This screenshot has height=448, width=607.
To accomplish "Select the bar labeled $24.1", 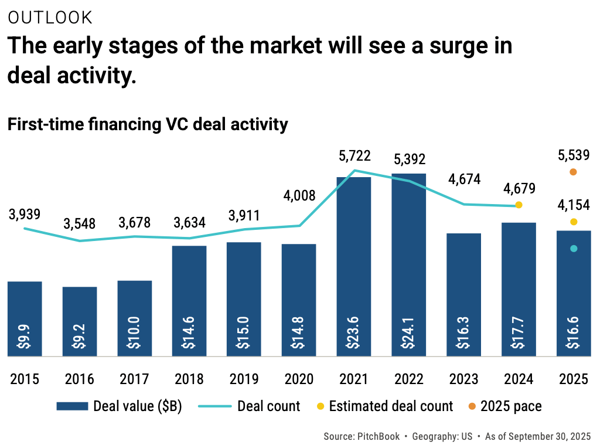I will pyautogui.click(x=408, y=264).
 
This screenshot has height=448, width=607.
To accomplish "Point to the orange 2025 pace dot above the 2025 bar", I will pyautogui.click(x=573, y=172).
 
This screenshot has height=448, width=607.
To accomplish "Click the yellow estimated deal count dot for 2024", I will pyautogui.click(x=519, y=205).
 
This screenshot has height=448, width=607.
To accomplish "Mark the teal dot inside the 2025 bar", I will pyautogui.click(x=574, y=249).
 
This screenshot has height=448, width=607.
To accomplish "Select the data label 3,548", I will pyautogui.click(x=80, y=223).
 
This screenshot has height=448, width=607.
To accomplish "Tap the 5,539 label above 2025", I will pyautogui.click(x=573, y=155).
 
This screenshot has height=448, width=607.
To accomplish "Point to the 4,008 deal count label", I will pyautogui.click(x=299, y=195).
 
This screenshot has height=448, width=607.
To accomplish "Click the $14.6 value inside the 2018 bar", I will pyautogui.click(x=189, y=335).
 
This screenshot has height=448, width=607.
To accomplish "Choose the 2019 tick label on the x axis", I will pyautogui.click(x=244, y=379).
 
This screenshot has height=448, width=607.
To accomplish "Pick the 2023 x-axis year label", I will pyautogui.click(x=463, y=379).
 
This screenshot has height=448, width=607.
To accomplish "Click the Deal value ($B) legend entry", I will pyautogui.click(x=120, y=406).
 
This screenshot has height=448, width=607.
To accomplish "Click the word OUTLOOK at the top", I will pyautogui.click(x=50, y=18).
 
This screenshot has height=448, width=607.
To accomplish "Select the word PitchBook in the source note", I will pyautogui.click(x=377, y=437).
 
